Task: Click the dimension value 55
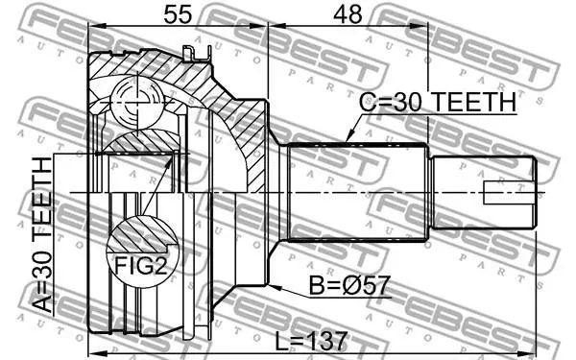[178, 14]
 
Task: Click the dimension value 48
[348, 14]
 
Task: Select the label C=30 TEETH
[438, 102]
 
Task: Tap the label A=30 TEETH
[42, 235]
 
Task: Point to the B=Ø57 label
[348, 285]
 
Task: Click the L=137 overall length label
[311, 341]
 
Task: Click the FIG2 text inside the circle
[141, 265]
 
